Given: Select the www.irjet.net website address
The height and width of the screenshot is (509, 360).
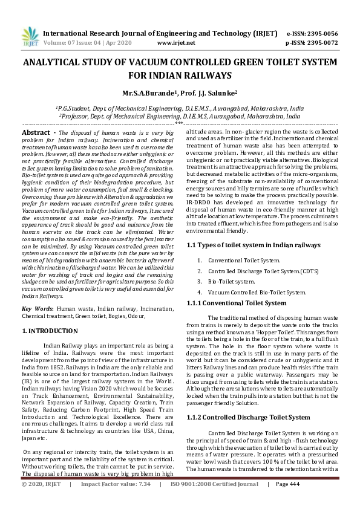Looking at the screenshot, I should tap(176, 43).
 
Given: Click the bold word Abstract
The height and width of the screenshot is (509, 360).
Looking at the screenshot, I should tap(36, 132).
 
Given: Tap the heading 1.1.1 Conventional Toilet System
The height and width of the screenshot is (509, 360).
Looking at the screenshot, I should tap(236, 303).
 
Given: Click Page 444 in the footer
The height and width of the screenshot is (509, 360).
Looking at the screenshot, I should tap(288, 501).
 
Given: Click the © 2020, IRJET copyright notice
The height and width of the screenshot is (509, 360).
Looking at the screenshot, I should tap(42, 501).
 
